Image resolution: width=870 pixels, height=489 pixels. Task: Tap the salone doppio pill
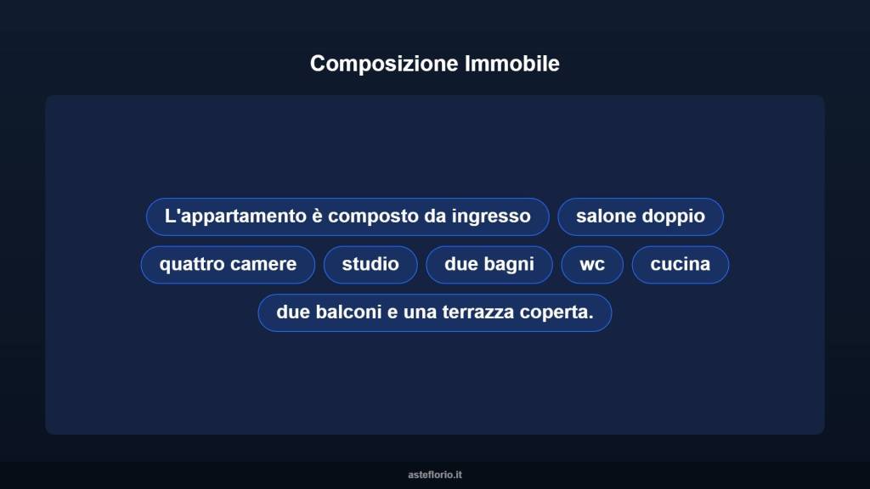tap(640, 216)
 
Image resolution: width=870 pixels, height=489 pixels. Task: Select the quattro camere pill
tap(228, 264)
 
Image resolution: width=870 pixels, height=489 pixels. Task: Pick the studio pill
tap(370, 264)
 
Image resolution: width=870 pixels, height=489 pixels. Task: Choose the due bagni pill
tap(489, 264)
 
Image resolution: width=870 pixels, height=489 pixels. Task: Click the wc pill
tap(592, 264)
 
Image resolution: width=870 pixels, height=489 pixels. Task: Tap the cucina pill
tap(680, 264)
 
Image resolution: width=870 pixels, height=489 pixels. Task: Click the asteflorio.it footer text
tap(435, 475)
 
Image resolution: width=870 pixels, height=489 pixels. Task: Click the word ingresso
tap(491, 216)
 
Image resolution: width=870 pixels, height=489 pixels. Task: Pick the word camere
tap(263, 264)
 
